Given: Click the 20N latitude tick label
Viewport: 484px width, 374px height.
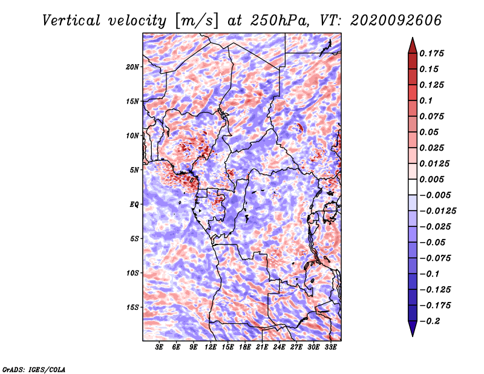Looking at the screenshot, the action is pos(132,67).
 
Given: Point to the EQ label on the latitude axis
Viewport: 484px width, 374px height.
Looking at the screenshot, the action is pos(134,205).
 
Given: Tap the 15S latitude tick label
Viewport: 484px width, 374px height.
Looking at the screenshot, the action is pos(132,307).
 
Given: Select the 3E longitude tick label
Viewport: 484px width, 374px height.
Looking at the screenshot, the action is pos(159,347).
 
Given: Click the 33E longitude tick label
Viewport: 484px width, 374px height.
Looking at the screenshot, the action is pos(330,347).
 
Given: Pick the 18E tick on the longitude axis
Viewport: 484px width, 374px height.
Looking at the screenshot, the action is pos(245,347).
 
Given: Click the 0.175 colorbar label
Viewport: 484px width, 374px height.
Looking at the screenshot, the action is pos(431,53).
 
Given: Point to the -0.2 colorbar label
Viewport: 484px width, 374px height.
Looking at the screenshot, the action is pos(430,321).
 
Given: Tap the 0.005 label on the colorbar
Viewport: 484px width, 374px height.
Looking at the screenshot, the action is pos(431,179).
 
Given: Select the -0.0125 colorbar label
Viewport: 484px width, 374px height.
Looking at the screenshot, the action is pos(437,211).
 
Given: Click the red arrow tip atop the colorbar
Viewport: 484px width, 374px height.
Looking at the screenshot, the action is pos(413,38).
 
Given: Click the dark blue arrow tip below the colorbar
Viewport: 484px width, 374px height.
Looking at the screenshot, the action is pos(413,336).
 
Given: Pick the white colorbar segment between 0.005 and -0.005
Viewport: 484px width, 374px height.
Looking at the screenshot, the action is pos(413,187).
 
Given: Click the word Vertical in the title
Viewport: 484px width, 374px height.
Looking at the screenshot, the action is pos(71,21).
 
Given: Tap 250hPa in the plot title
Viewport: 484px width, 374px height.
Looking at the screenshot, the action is pos(280,21).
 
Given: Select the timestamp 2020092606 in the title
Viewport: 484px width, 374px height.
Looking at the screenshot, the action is pos(396,21).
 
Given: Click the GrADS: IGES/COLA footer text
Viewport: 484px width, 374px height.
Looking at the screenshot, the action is pos(34,369).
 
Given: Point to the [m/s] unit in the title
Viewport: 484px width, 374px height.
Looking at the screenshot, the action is pos(197,21).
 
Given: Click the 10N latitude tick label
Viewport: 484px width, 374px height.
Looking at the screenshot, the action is pos(132,136).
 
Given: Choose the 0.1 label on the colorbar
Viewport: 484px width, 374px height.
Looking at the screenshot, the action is pos(426,100).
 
